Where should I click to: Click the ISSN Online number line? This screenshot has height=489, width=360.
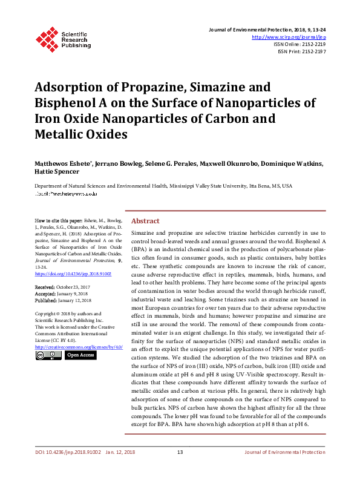(x=299, y=44)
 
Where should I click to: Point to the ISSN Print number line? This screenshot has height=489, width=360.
(x=301, y=52)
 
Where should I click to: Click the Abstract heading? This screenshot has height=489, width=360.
(x=145, y=221)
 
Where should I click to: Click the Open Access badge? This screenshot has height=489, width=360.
(x=80, y=355)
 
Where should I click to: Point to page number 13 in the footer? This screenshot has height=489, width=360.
(x=180, y=470)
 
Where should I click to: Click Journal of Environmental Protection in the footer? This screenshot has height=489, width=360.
(x=284, y=470)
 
